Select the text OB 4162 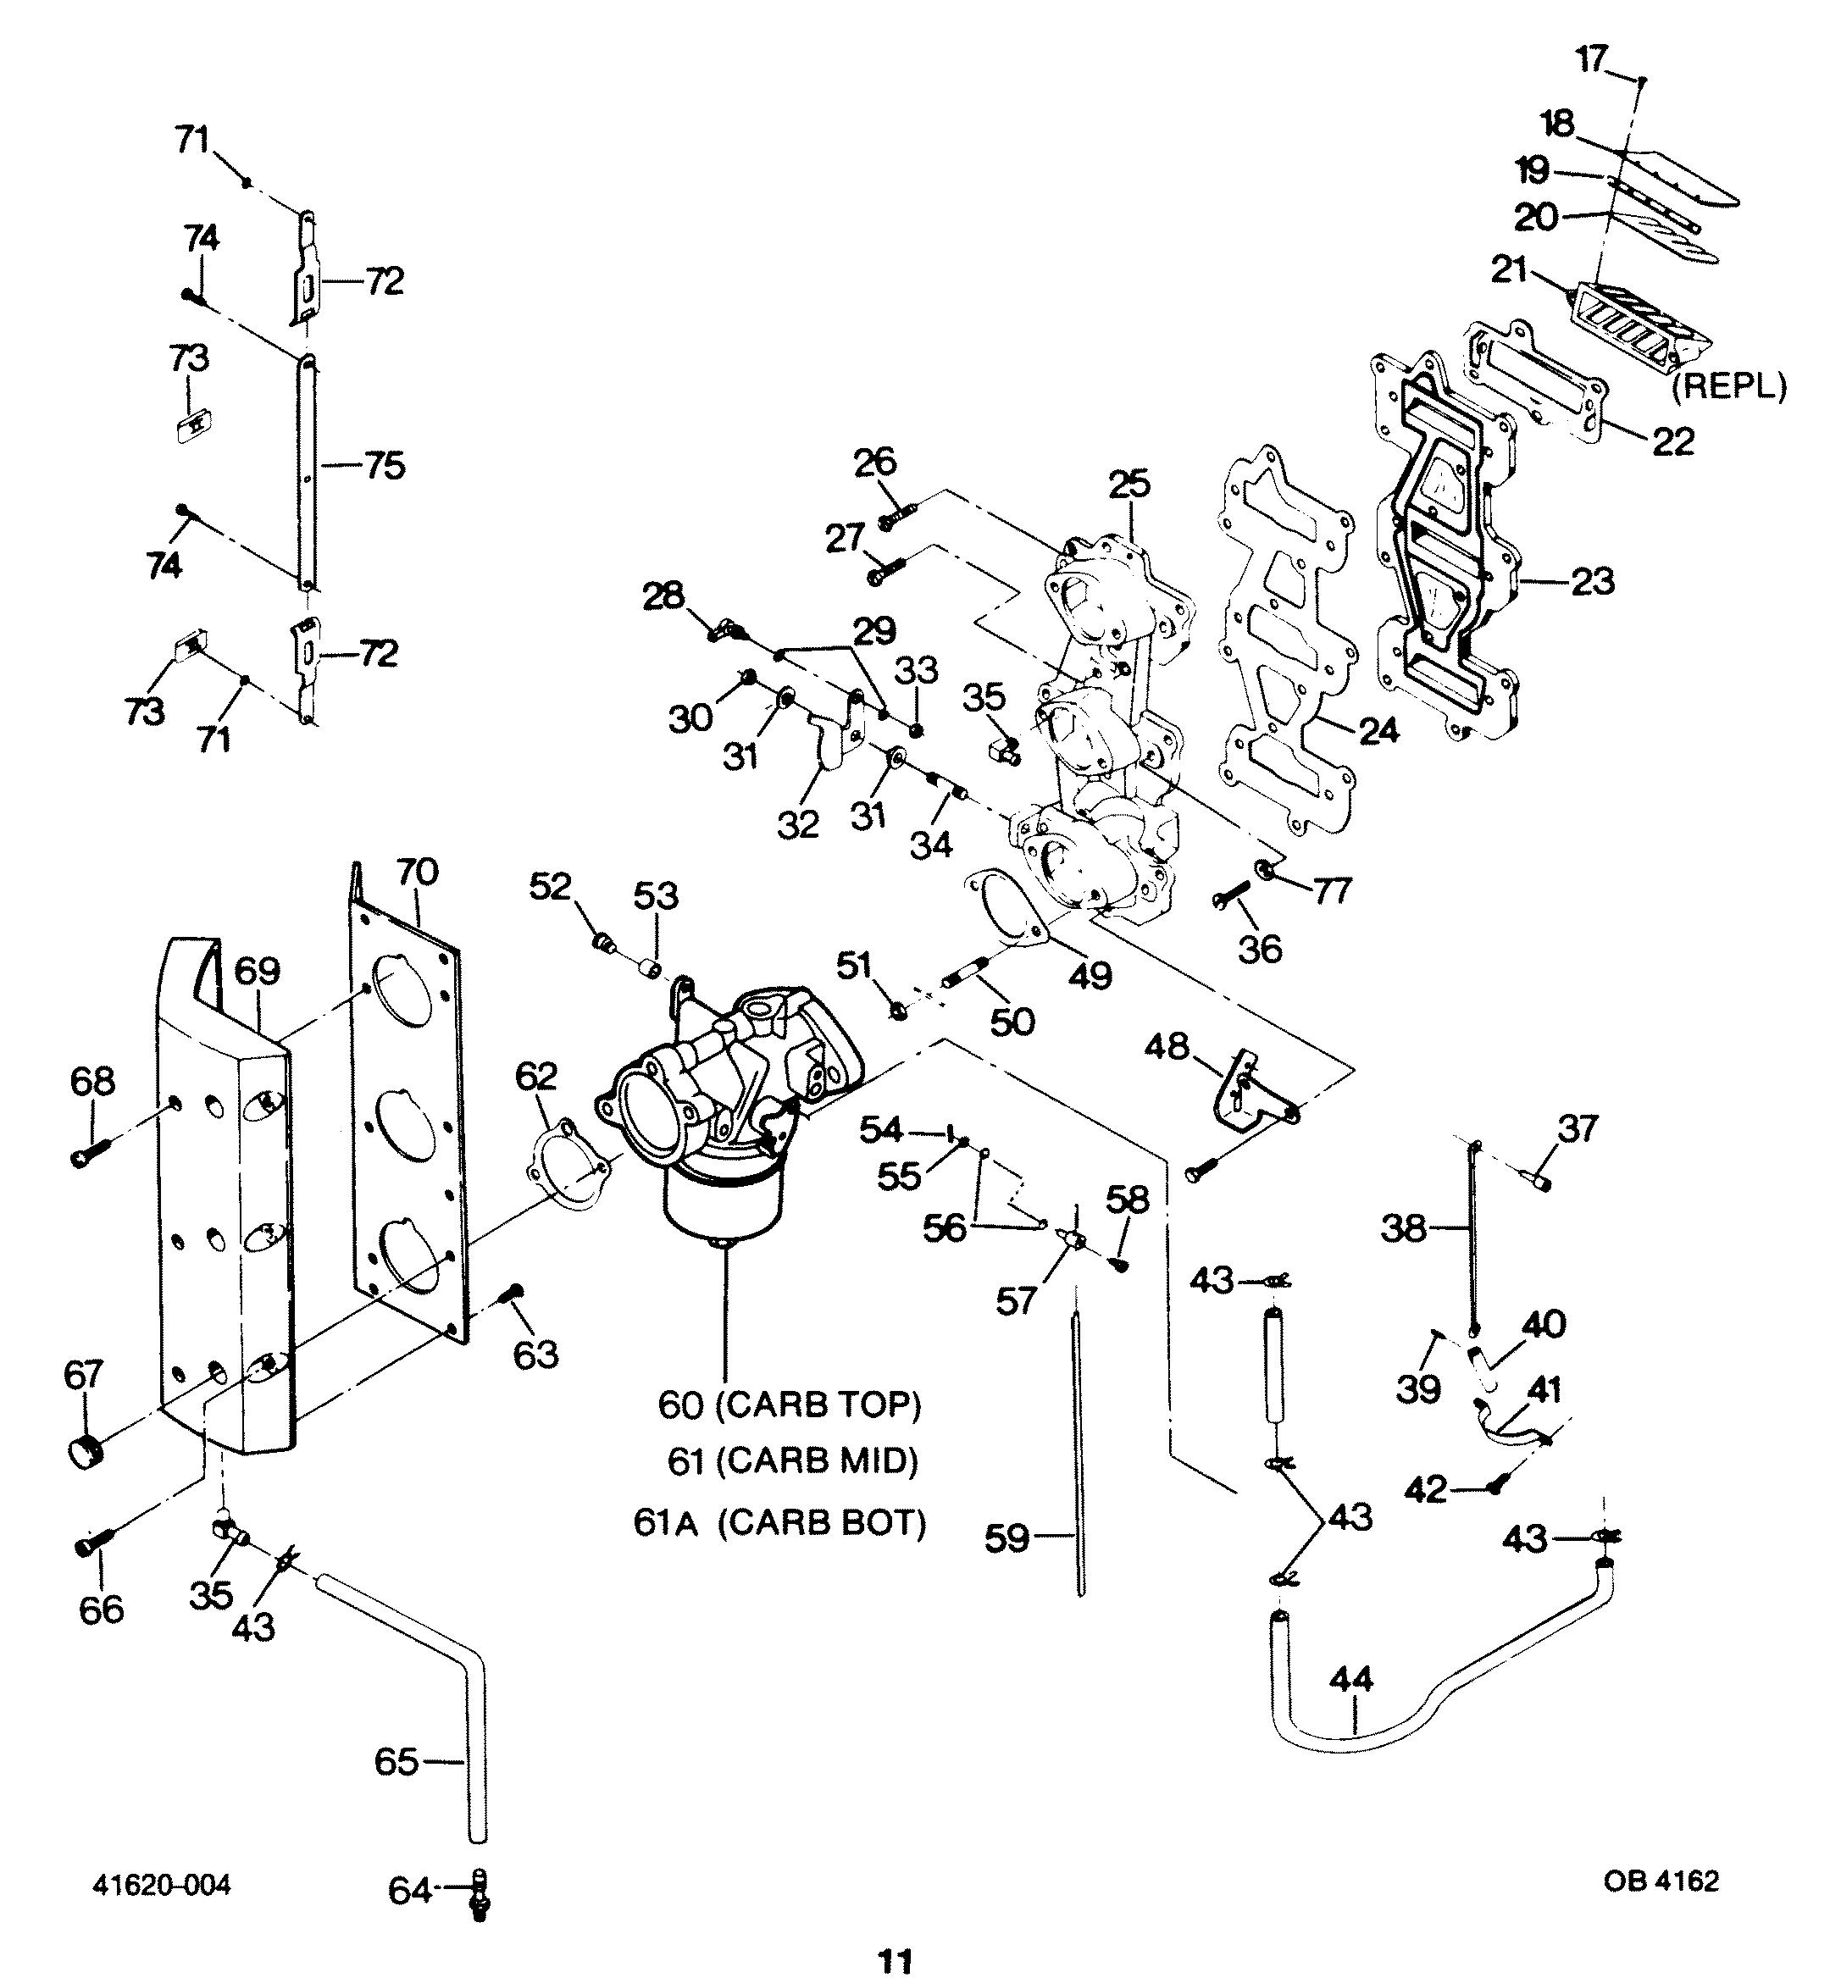(x=1661, y=1880)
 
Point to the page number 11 (x=896, y=1960)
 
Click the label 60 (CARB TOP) (x=790, y=1405)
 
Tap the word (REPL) (x=1729, y=386)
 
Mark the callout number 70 (x=417, y=873)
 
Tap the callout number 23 (x=1592, y=580)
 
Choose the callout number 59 (x=1007, y=1538)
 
